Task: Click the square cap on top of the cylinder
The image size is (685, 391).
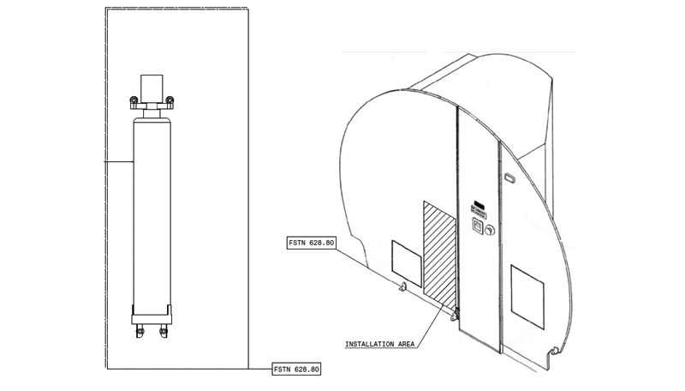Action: [x=152, y=89]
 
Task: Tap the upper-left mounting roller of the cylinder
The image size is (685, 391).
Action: [x=134, y=101]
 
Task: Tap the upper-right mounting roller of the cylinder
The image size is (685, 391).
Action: [x=170, y=101]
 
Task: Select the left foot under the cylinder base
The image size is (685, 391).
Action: [x=140, y=331]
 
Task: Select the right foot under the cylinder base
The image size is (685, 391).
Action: [x=164, y=331]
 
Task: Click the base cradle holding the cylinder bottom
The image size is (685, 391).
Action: [x=152, y=315]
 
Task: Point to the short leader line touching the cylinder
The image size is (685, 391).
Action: [x=119, y=162]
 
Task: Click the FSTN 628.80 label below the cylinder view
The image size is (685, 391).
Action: [x=296, y=369]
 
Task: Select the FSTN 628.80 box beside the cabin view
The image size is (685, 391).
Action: [x=312, y=243]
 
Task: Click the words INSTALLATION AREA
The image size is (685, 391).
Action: [x=379, y=344]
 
